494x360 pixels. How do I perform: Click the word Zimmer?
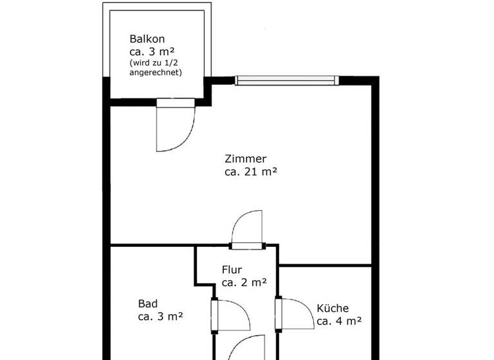(245, 159)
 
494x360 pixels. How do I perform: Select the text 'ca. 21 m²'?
(251, 172)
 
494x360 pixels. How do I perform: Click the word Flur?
(232, 269)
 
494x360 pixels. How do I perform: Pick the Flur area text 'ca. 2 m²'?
(244, 282)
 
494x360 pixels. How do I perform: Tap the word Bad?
(147, 303)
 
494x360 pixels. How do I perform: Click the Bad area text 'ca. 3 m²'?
(161, 316)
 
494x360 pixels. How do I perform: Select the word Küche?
(333, 308)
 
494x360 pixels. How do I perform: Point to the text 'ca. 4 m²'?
(339, 321)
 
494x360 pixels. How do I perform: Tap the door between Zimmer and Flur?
(248, 228)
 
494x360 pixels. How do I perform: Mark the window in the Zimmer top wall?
(286, 80)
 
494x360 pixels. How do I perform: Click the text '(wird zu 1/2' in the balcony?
(155, 62)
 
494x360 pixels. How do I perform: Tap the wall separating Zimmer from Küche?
(325, 265)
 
